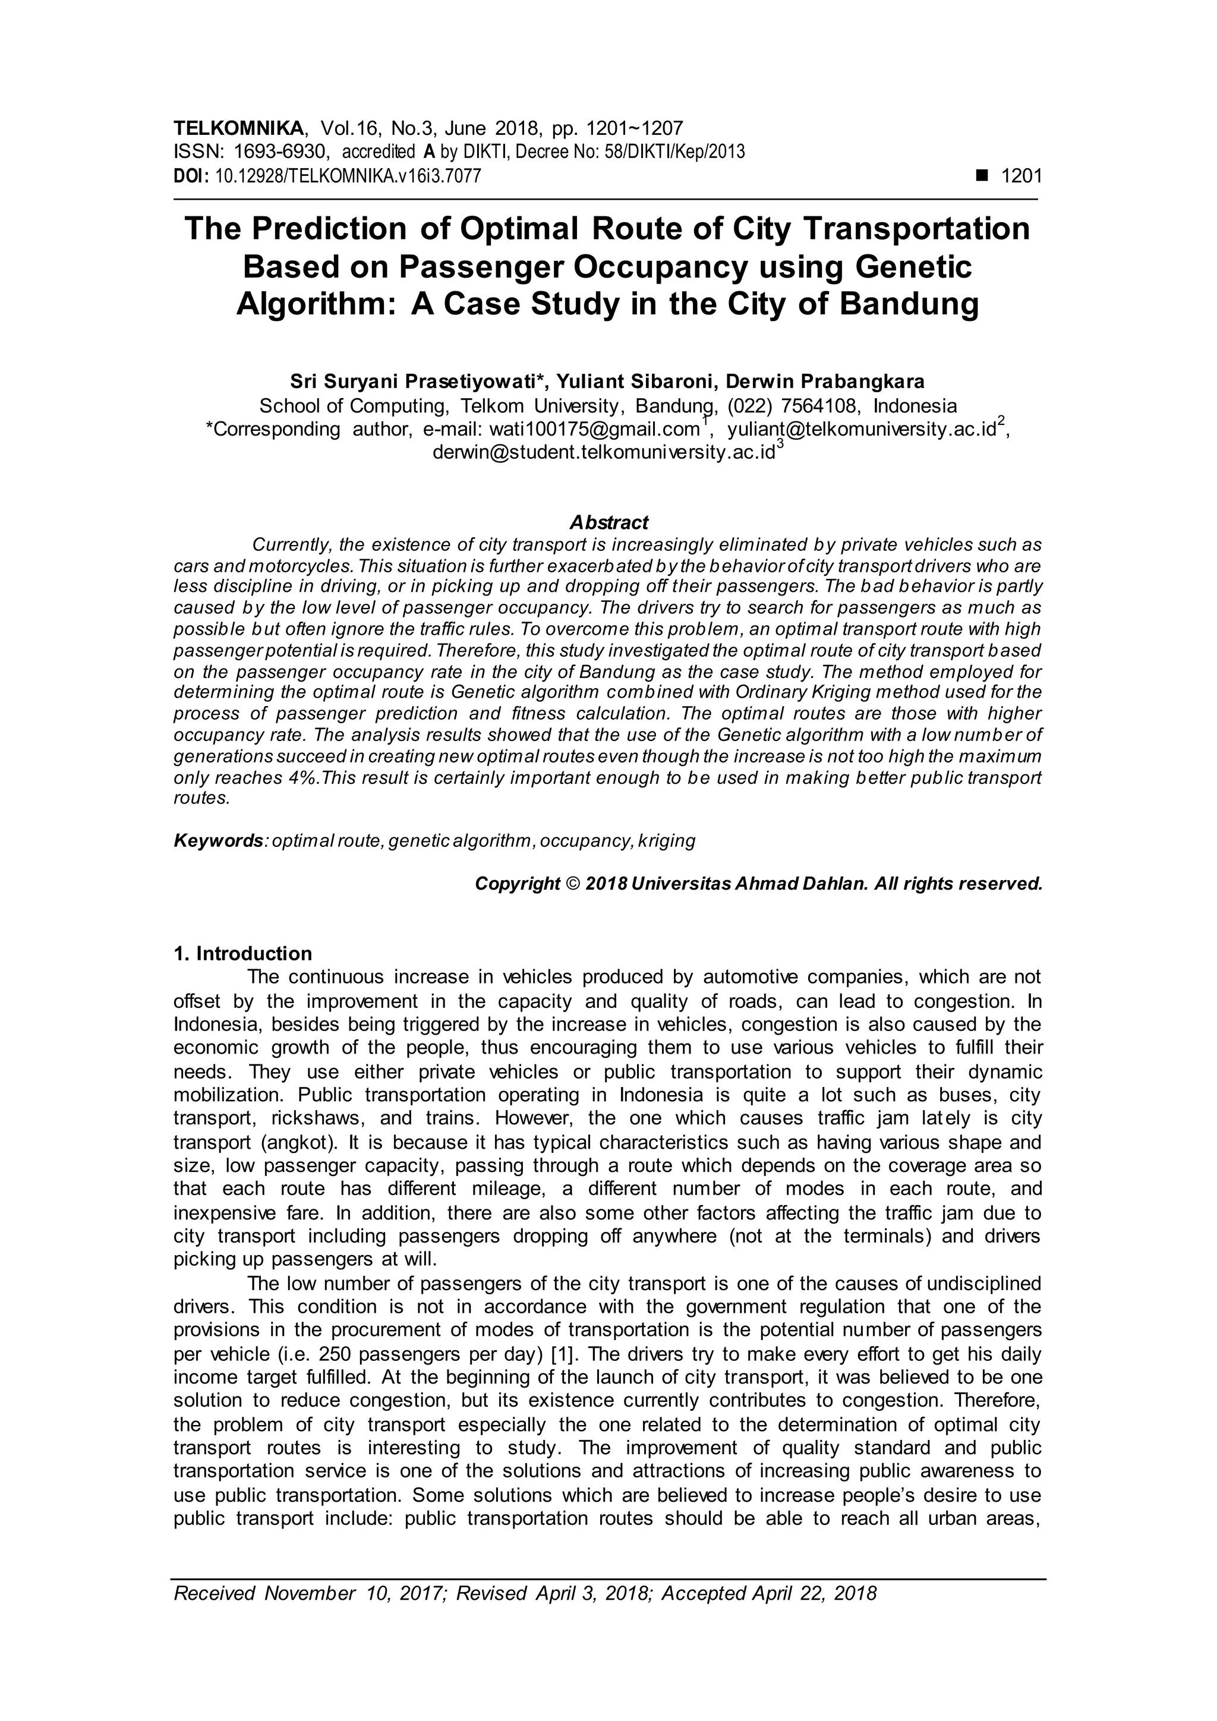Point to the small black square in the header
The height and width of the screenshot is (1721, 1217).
tap(981, 176)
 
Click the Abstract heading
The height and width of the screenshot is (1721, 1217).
tap(608, 522)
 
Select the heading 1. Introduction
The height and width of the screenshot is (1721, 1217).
tap(243, 954)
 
